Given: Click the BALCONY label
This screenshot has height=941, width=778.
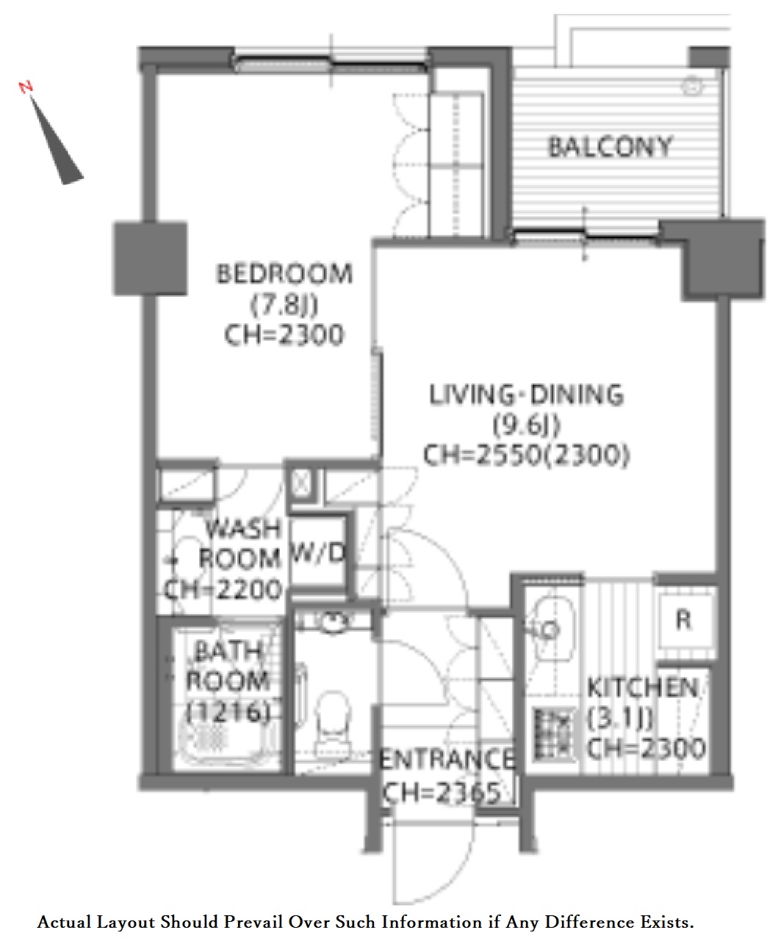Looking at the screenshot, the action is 610,148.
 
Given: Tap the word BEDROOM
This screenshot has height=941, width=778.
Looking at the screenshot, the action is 284,274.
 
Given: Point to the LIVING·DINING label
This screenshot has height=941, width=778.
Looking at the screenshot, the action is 526,394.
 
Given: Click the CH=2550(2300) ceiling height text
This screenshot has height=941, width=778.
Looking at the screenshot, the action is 526,455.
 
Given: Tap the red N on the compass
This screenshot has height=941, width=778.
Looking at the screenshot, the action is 26,87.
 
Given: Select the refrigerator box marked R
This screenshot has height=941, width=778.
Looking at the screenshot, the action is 684,621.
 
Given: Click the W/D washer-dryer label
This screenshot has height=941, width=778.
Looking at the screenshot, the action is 318,552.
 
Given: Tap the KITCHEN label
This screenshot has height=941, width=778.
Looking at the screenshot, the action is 643,688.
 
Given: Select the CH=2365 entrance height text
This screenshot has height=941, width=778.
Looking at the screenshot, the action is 442,792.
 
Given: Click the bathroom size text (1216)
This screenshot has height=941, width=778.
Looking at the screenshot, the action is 229,713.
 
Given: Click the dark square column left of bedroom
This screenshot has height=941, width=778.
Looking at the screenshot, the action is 150,259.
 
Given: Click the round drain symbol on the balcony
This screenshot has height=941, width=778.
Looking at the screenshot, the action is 693,85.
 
